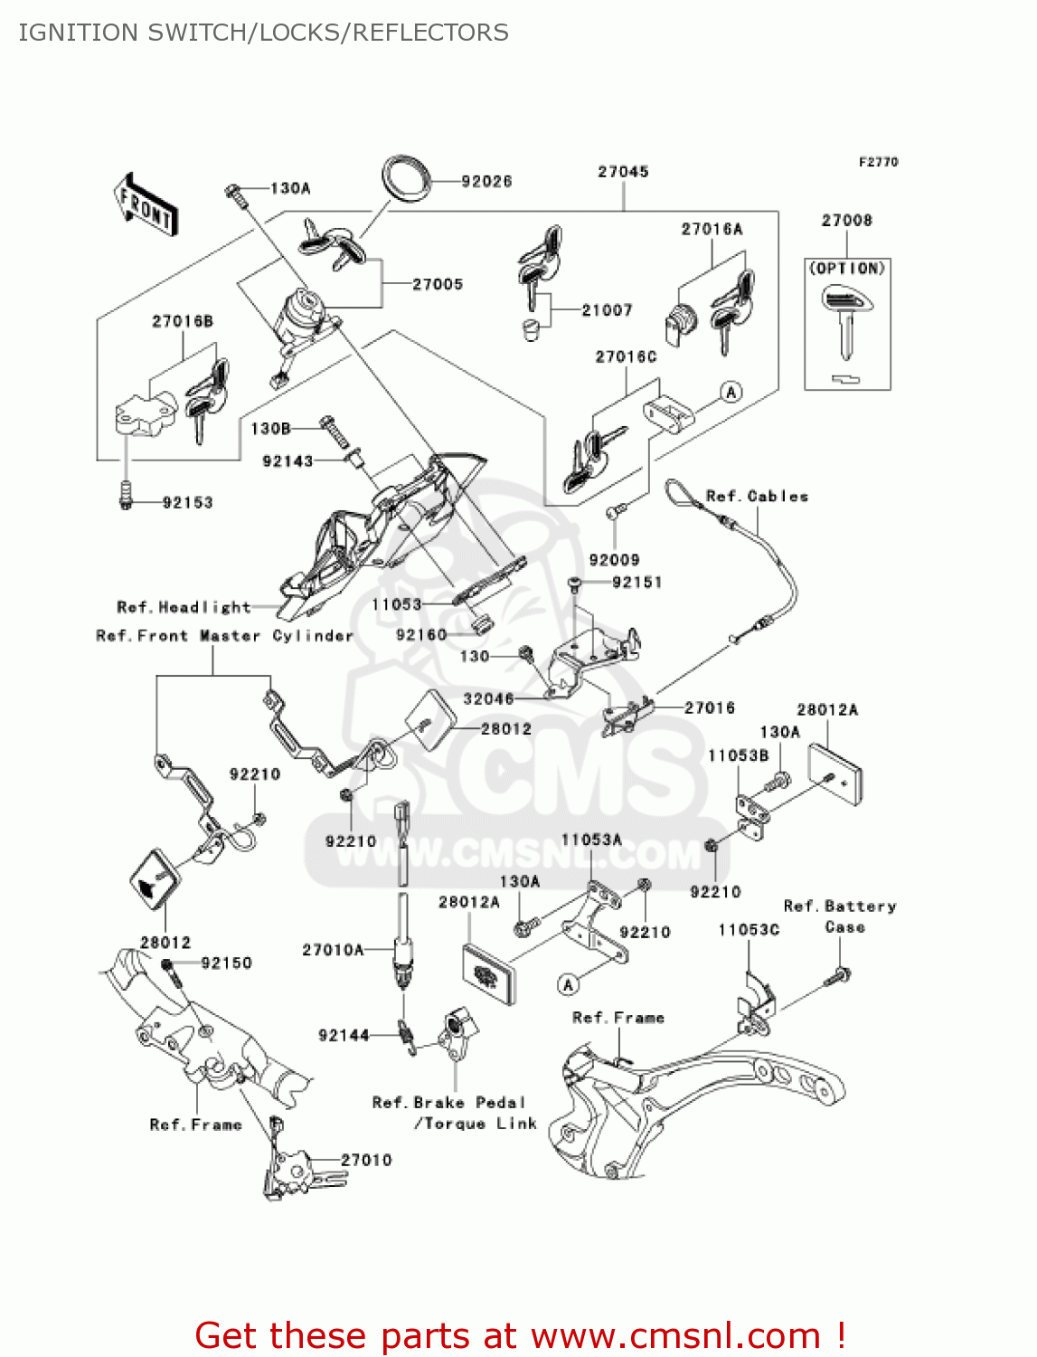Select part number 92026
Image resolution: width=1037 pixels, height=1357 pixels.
click(x=486, y=181)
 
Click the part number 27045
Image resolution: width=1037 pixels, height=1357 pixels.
click(x=623, y=171)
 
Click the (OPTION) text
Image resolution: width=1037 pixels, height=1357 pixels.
click(x=847, y=268)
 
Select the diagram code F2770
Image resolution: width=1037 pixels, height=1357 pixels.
click(x=878, y=162)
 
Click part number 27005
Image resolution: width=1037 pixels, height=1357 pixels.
click(x=438, y=284)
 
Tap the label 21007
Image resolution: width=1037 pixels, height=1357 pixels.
click(x=607, y=310)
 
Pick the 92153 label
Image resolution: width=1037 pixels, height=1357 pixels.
click(x=187, y=502)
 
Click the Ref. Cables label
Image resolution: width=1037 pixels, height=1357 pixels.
click(x=757, y=496)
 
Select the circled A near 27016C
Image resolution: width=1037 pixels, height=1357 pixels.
click(x=731, y=392)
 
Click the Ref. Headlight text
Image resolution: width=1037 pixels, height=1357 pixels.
click(x=184, y=607)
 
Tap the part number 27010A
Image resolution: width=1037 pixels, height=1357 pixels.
click(x=333, y=950)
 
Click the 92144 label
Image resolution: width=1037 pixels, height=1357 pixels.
click(x=344, y=1035)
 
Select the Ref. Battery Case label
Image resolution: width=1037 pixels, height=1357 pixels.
click(x=840, y=916)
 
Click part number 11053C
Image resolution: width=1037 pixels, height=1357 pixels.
click(x=749, y=930)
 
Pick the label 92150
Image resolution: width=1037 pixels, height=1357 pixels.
click(x=226, y=963)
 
